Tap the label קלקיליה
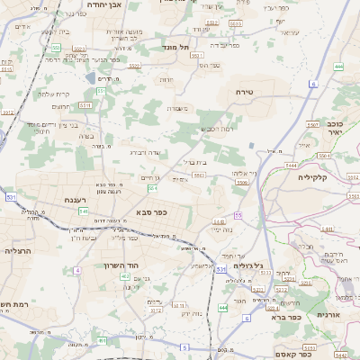pyautogui.click(x=317, y=177)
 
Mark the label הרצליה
pyautogui.click(x=18, y=251)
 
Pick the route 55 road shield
pyautogui.click(x=238, y=214)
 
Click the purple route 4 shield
pyautogui.click(x=78, y=270)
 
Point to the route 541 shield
pyautogui.click(x=83, y=211)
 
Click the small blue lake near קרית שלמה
pyautogui.click(x=98, y=79)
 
